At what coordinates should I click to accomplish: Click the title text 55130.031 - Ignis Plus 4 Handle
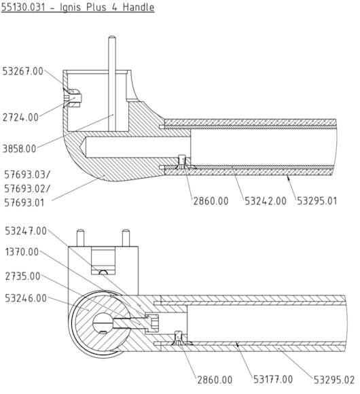click(x=77, y=7)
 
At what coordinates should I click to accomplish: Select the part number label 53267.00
click(x=23, y=70)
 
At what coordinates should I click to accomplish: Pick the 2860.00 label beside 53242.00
click(x=211, y=202)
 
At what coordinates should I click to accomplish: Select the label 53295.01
click(x=320, y=202)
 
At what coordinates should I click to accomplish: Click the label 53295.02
click(x=334, y=380)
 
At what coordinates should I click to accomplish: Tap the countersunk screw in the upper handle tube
click(x=181, y=162)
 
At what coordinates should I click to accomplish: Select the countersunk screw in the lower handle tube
click(x=179, y=338)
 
